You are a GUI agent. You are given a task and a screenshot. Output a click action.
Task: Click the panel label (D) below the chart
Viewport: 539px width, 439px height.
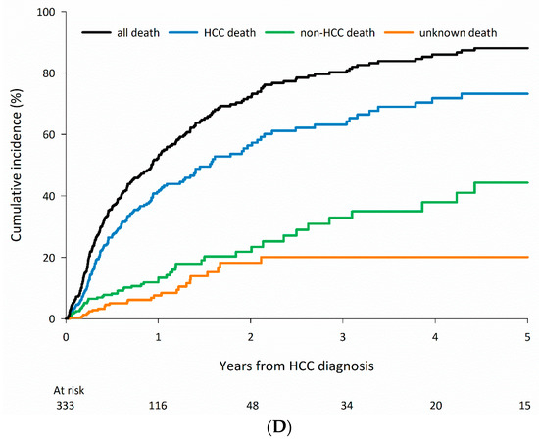click(297, 427)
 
